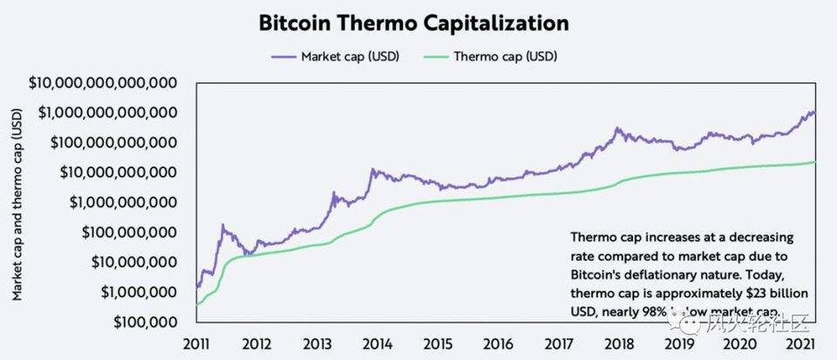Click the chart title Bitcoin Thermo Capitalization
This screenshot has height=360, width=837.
tap(413, 23)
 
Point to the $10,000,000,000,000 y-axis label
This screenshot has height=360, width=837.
tap(103, 83)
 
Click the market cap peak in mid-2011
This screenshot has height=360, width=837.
tap(224, 226)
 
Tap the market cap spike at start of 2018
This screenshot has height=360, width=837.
tap(618, 129)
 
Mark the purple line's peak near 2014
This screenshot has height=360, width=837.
tap(373, 169)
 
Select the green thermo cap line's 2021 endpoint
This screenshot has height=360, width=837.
tap(815, 162)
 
